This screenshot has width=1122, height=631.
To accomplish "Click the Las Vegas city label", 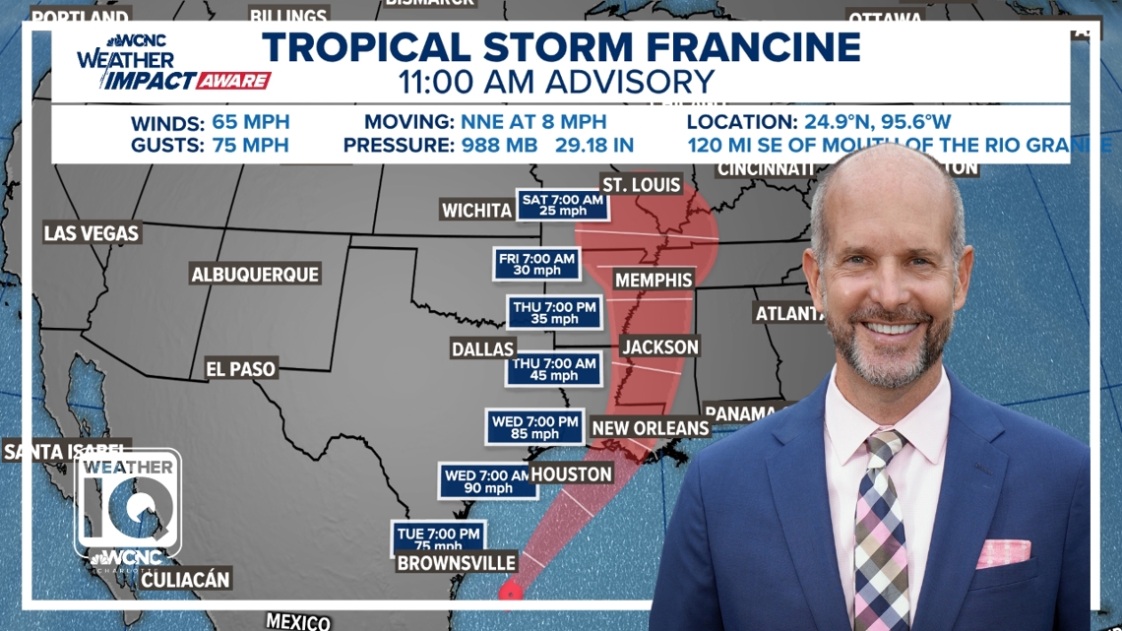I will [x=92, y=233].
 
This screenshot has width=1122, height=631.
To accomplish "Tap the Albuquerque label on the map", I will [x=255, y=275].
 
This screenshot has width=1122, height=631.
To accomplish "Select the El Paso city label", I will [x=241, y=369].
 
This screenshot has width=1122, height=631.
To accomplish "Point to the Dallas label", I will [x=483, y=349].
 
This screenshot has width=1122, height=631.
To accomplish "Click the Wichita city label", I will [x=476, y=211].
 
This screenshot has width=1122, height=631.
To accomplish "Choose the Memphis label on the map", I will [x=654, y=281].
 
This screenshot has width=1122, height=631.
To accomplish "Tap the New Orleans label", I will [x=650, y=428].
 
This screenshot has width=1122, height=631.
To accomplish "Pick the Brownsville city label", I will [x=456, y=563].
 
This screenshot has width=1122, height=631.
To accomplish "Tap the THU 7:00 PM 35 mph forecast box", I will [x=554, y=313].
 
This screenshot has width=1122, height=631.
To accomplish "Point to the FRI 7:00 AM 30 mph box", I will [x=536, y=264].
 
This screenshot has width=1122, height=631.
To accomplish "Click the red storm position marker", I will [x=510, y=593].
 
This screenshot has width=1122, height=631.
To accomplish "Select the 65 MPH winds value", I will [x=250, y=123].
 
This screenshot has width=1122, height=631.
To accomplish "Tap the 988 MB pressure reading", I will [x=499, y=146].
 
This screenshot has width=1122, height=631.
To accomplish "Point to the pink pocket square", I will [x=1003, y=553].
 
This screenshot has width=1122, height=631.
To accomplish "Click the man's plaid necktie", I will [x=879, y=532].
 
